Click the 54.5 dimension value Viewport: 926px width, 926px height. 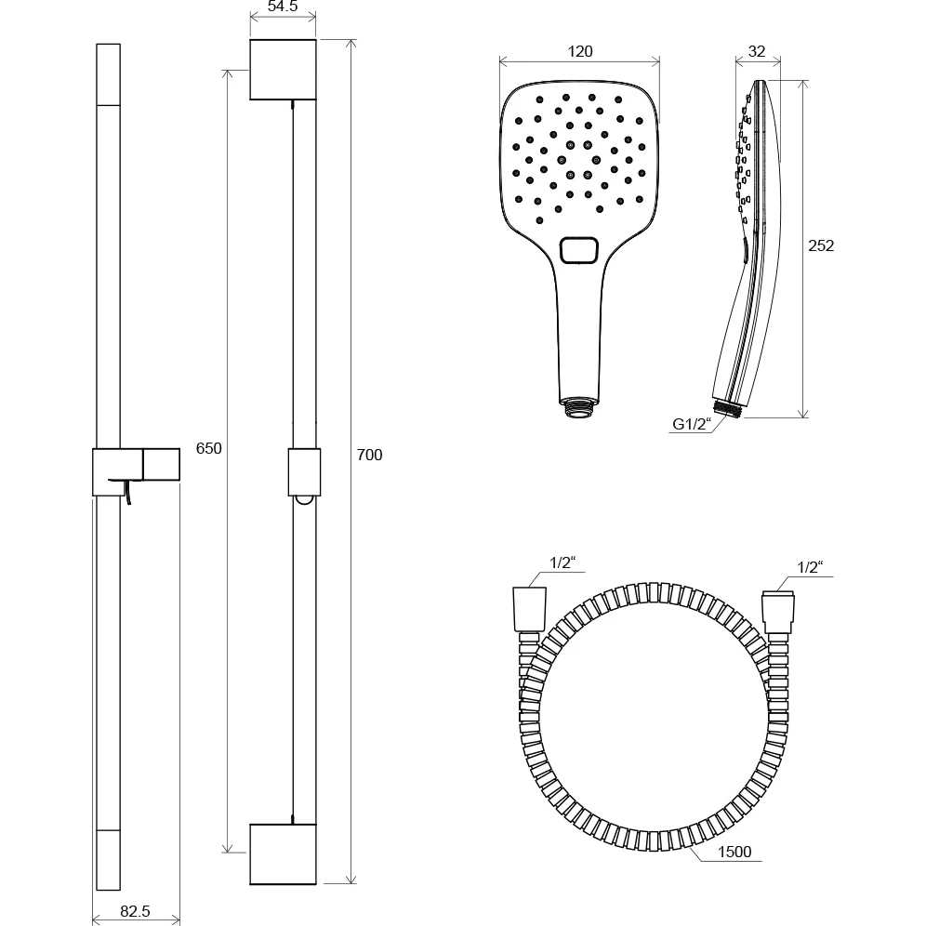click(283, 7)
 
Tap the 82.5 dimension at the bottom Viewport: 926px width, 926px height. click(135, 911)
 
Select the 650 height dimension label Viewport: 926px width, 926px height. click(208, 448)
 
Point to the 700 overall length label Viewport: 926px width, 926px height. click(370, 455)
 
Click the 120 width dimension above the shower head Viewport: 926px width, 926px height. click(580, 51)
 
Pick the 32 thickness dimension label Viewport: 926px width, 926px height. click(757, 51)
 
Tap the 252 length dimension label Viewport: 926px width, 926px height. click(821, 245)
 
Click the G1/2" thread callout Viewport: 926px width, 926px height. click(692, 424)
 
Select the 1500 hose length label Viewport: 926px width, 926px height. click(734, 852)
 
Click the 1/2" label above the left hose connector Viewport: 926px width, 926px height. click(562, 562)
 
